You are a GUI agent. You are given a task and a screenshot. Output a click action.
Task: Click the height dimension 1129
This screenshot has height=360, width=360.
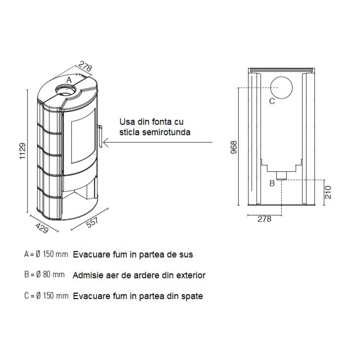[23, 151]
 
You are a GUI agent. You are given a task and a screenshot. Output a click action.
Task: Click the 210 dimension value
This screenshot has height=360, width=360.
[328, 192]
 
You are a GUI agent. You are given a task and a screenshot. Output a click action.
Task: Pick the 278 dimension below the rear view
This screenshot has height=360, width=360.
[264, 219]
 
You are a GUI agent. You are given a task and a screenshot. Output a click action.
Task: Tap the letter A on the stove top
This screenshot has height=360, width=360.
[69, 80]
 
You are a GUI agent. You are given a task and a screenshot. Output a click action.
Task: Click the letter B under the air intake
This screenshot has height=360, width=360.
[272, 183]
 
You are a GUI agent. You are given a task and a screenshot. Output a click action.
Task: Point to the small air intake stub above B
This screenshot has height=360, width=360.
[282, 175]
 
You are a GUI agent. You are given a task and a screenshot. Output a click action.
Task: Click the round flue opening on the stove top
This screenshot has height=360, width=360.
[65, 91]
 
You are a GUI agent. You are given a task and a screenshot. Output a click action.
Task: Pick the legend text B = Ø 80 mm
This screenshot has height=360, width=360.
[44, 275]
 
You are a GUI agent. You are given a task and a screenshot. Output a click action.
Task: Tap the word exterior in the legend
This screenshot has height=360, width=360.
[192, 275]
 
